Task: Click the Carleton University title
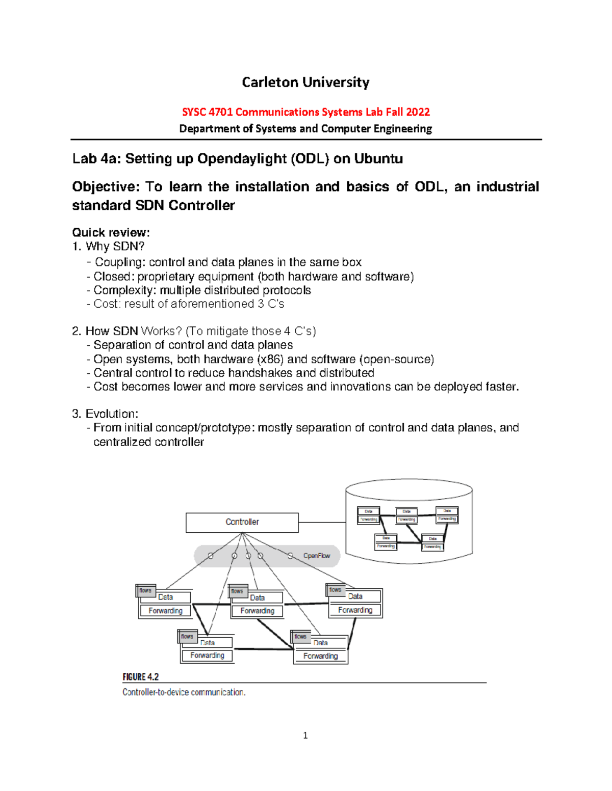click(x=305, y=83)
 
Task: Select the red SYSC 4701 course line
click(x=305, y=112)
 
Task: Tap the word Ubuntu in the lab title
click(x=378, y=159)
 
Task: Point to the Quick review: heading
click(x=111, y=233)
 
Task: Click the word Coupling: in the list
click(x=120, y=262)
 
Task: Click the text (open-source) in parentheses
click(x=397, y=360)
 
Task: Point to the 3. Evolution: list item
click(x=105, y=414)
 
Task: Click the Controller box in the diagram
click(x=242, y=522)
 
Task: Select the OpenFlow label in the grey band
click(x=317, y=556)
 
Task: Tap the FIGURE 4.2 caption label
click(x=140, y=677)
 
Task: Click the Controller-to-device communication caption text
click(x=184, y=692)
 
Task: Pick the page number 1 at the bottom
click(x=305, y=735)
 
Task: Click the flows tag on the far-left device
click(x=145, y=590)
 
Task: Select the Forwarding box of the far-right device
click(x=355, y=610)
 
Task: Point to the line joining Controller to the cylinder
click(x=322, y=522)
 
